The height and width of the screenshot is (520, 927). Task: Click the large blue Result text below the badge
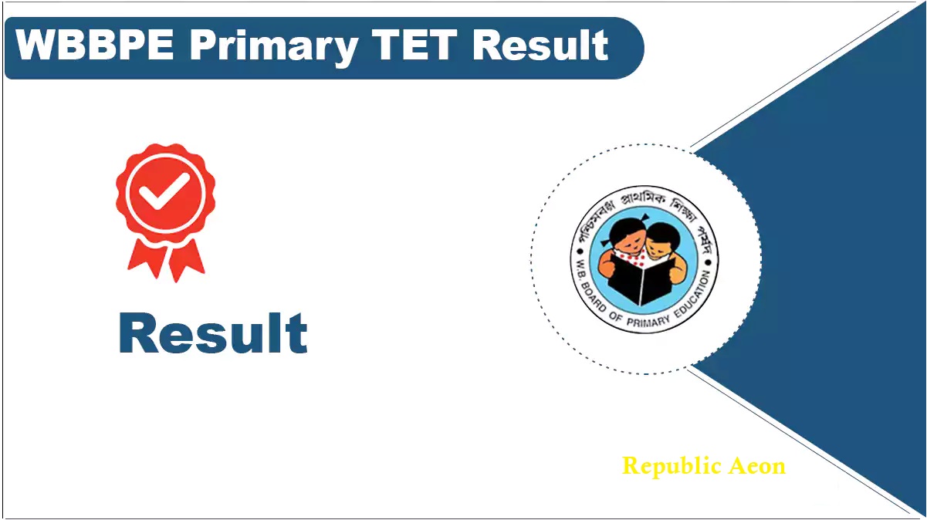[213, 334]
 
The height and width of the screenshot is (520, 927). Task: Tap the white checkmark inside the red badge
[165, 191]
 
